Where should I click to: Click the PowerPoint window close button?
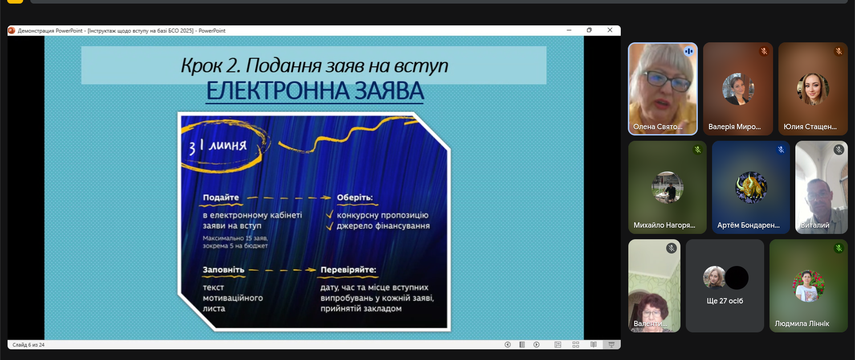pos(610,30)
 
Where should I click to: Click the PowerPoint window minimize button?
pos(569,30)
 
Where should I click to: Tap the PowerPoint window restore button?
pos(590,30)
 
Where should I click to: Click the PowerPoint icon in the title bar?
pos(12,30)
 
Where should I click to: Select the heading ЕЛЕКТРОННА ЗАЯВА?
pos(315,90)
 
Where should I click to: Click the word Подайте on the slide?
pos(221,197)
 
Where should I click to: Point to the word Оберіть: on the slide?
pos(355,197)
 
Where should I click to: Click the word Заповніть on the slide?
pos(224,270)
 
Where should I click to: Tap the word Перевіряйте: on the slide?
pos(348,270)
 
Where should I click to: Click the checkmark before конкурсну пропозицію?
pos(330,214)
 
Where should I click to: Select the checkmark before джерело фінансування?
pos(330,226)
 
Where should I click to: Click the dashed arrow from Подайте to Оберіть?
pos(289,197)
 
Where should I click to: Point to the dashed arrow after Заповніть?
pos(282,270)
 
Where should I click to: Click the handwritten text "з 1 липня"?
pos(218,145)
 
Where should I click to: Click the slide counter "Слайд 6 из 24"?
pos(28,345)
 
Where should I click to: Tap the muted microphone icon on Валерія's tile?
pos(764,51)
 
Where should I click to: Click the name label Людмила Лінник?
pos(802,323)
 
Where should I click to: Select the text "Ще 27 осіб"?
pos(725,301)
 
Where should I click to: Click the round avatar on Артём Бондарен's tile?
pos(751,188)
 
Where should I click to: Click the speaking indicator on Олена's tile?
pos(689,51)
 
